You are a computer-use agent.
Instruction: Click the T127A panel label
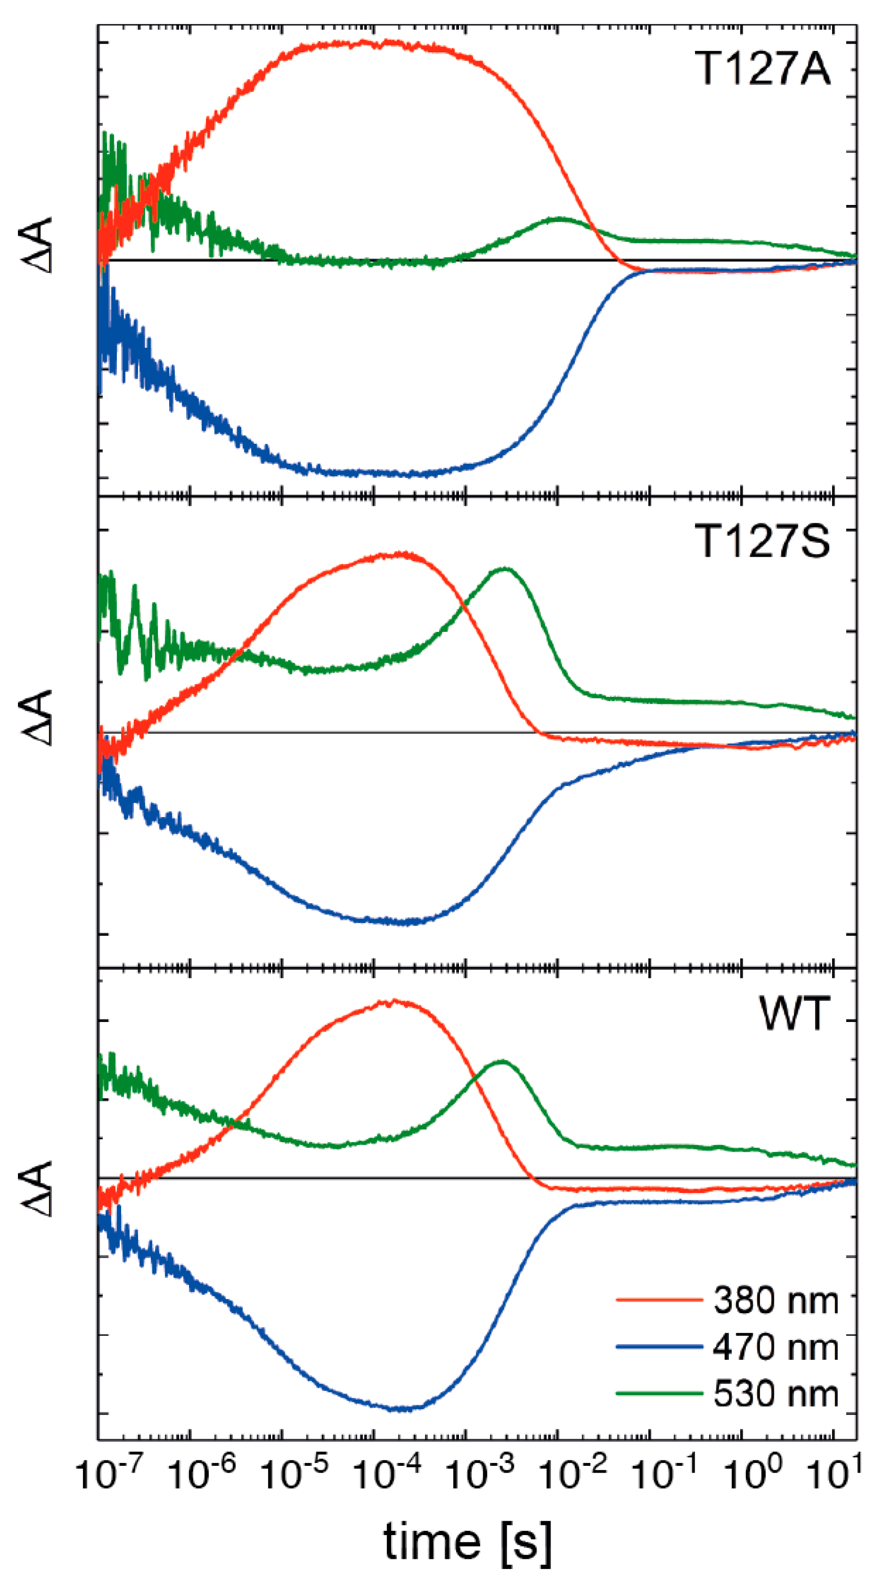[x=762, y=68]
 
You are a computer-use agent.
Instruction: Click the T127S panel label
[x=762, y=541]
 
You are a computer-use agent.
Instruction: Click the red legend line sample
[x=659, y=1300]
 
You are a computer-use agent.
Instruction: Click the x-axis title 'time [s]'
[x=467, y=1542]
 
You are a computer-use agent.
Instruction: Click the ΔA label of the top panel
[x=37, y=245]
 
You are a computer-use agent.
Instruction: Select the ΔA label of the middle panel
[x=37, y=718]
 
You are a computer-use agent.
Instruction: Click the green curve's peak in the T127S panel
[x=505, y=569]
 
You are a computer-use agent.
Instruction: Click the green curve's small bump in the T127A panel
[x=559, y=219]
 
